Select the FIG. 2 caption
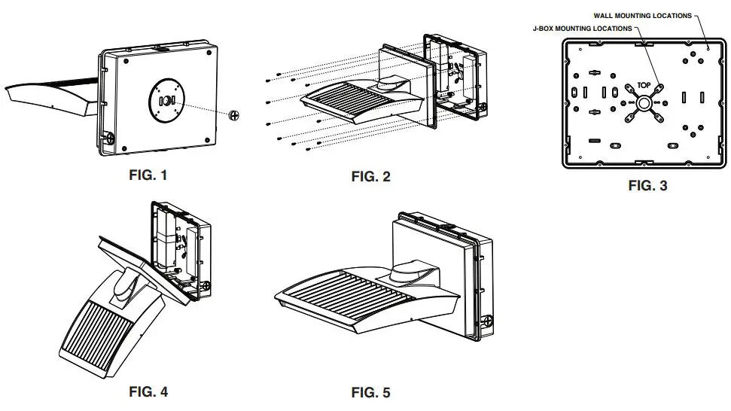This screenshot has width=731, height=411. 370,177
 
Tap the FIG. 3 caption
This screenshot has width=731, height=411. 647,185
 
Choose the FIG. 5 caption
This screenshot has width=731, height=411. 370,392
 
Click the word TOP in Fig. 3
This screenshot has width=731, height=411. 643,85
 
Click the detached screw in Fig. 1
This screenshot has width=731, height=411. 234,116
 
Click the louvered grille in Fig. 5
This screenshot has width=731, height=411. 346,289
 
